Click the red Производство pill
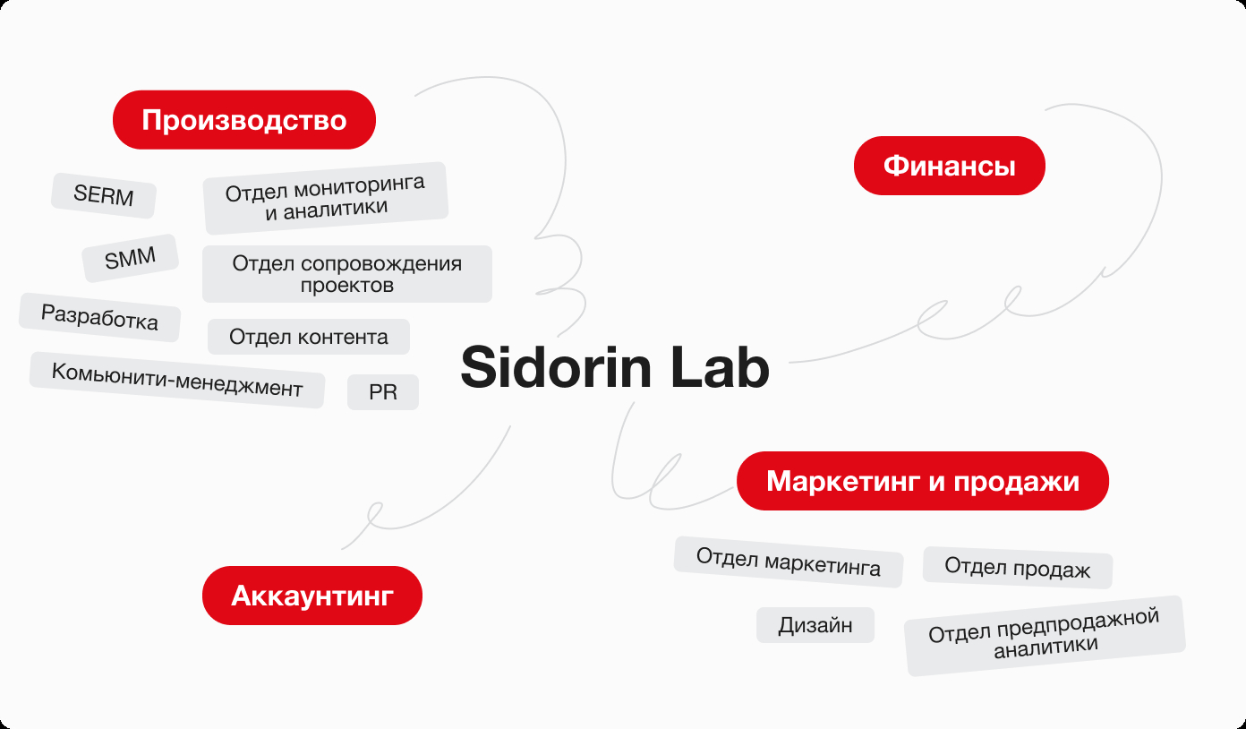tap(244, 120)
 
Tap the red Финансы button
tap(950, 166)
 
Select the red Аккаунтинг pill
tap(312, 596)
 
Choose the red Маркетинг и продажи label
tap(923, 481)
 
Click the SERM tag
tap(104, 195)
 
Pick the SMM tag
tap(130, 258)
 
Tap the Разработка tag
tap(99, 317)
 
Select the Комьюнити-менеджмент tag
tap(177, 380)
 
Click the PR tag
tap(383, 392)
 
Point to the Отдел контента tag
tap(309, 337)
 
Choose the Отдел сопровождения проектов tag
tap(347, 274)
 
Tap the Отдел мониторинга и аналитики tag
tap(326, 198)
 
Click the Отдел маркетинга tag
tap(789, 562)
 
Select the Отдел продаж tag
tap(1018, 568)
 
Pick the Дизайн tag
tap(815, 625)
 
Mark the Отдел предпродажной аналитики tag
tap(1045, 636)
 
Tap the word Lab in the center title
tap(720, 367)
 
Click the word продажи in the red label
tap(1016, 482)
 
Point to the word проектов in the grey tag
tap(347, 286)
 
